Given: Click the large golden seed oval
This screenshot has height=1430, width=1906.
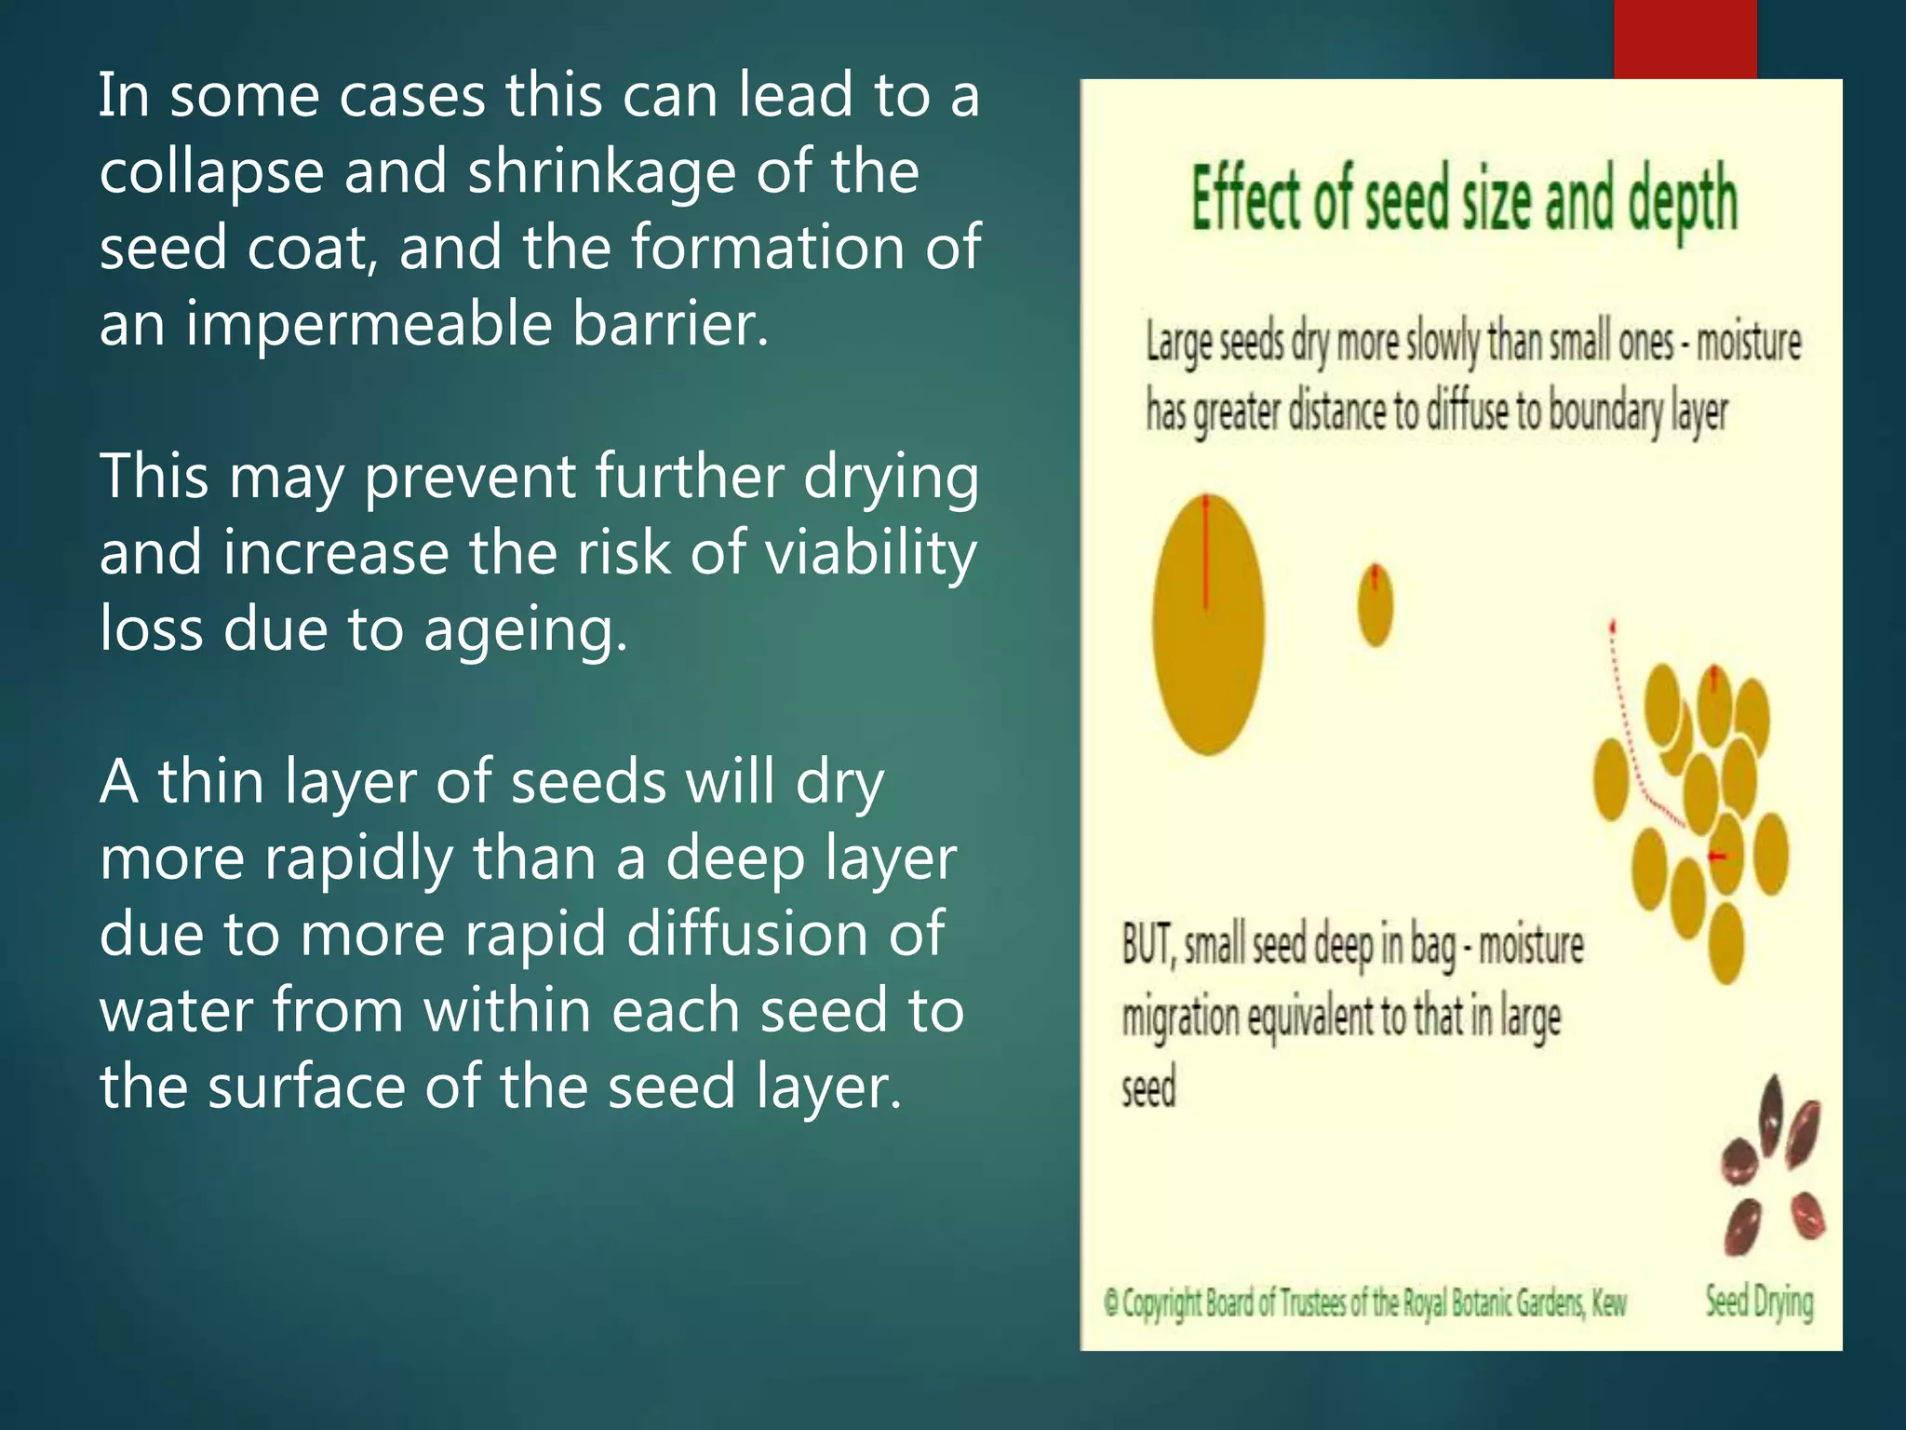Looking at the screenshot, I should tap(1208, 642).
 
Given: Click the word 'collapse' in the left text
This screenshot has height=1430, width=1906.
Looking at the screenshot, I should tap(211, 174).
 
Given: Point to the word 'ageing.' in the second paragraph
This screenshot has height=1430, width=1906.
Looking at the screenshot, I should tap(526, 630).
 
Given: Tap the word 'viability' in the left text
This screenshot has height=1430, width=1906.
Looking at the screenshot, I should tap(870, 554).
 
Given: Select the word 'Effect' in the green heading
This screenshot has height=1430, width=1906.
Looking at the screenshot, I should tap(1244, 201).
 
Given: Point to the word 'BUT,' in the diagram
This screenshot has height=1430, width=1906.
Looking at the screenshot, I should tap(1150, 946).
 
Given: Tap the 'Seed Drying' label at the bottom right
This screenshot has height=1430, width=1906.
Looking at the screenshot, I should tap(1759, 1301).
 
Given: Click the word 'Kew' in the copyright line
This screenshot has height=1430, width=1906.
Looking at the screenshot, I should tap(1608, 1303).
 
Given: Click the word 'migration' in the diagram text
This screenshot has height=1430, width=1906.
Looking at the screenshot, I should tap(1180, 1018).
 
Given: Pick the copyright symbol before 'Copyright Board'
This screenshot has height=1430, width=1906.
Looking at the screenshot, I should tap(1111, 1302).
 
